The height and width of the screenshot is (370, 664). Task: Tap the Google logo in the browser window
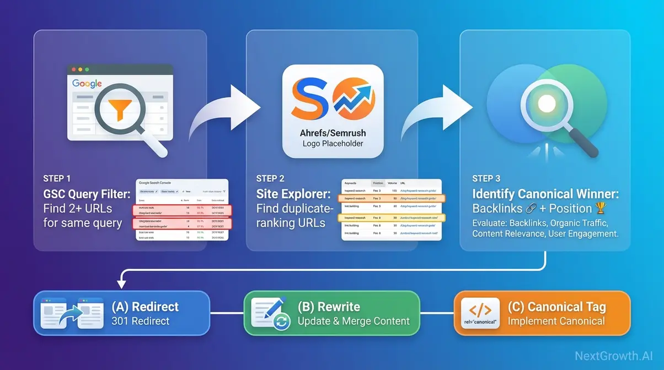click(87, 84)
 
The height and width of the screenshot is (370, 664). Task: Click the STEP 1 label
click(57, 178)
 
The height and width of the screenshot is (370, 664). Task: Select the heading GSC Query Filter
click(87, 194)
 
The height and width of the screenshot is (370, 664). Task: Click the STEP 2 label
click(270, 178)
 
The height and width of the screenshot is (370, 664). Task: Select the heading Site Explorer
click(293, 194)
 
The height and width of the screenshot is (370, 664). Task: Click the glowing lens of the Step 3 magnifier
click(547, 103)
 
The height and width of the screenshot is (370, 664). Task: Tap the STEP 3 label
click(486, 178)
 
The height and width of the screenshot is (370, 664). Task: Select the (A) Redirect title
click(145, 307)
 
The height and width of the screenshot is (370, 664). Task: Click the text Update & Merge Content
click(354, 321)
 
